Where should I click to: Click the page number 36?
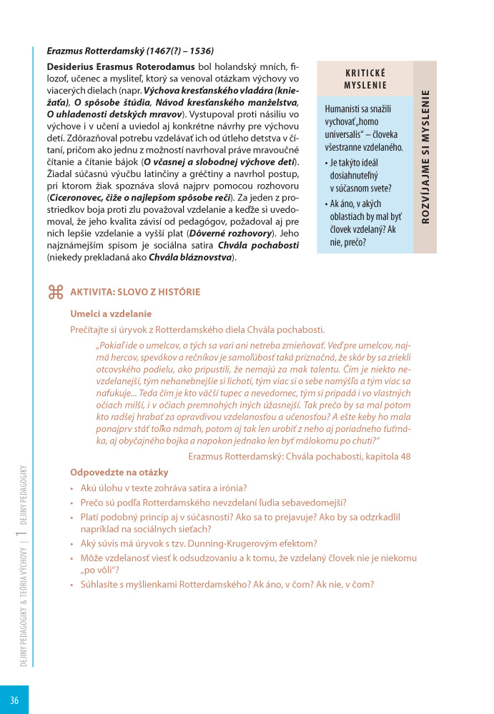click(x=14, y=700)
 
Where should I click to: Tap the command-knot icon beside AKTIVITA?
click(x=55, y=291)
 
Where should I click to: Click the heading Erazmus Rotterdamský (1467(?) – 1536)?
click(x=130, y=51)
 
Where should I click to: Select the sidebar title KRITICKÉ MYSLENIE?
click(x=365, y=79)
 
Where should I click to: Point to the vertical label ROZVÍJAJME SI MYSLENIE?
click(x=425, y=157)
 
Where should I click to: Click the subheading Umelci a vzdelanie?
click(x=111, y=313)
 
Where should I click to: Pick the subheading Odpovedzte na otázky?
click(x=119, y=472)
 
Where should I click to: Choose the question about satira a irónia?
click(x=164, y=488)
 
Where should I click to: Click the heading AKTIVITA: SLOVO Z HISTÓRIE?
click(x=135, y=292)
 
